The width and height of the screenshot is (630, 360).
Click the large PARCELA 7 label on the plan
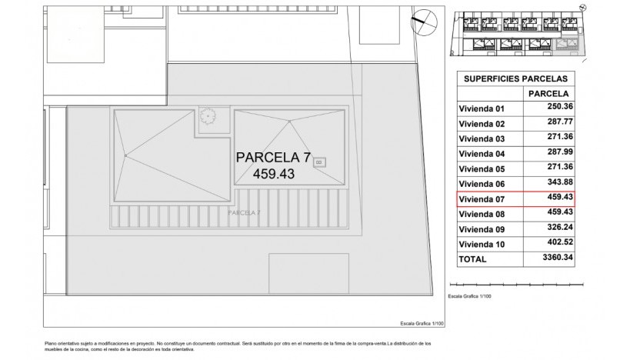coord(273,158)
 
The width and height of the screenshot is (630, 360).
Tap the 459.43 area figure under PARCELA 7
coord(273,175)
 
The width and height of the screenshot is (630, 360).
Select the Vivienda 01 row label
coord(482,108)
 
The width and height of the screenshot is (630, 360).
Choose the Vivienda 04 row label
coord(482,154)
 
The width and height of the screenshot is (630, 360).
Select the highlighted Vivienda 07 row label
coord(482,199)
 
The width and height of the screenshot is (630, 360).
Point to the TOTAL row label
coord(472,260)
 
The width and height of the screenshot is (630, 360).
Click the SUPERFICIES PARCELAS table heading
coord(515,78)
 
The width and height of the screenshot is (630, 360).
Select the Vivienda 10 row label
coord(482,245)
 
